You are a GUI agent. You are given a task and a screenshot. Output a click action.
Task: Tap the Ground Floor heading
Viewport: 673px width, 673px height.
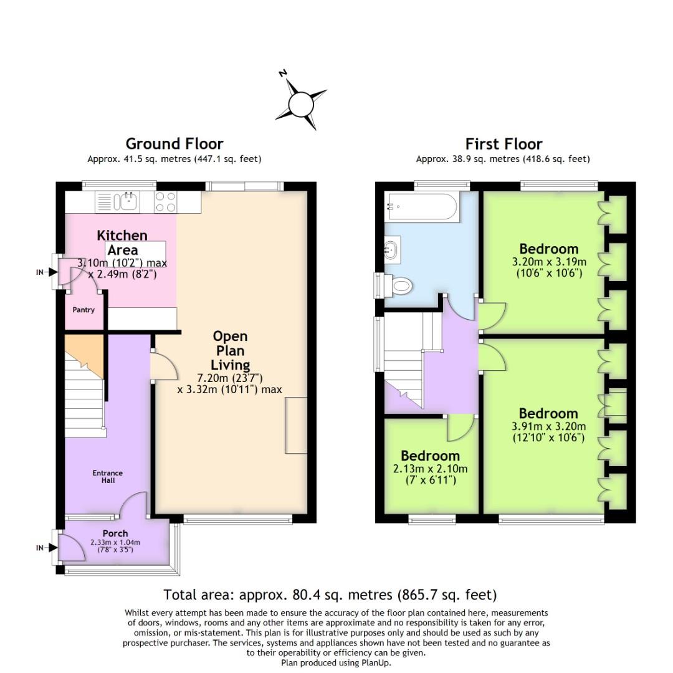(x=174, y=144)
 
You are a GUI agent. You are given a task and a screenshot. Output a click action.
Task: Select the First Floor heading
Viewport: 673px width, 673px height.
(x=503, y=144)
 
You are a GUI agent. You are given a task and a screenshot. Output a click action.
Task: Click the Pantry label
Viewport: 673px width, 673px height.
(x=84, y=310)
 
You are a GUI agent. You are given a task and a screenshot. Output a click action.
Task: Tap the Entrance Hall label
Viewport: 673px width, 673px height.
(x=108, y=477)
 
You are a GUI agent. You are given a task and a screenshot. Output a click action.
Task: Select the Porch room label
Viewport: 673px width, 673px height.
(x=115, y=533)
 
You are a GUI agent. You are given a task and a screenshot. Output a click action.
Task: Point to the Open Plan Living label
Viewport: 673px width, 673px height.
(x=230, y=351)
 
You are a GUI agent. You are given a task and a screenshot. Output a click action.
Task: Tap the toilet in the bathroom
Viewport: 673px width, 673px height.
(x=399, y=285)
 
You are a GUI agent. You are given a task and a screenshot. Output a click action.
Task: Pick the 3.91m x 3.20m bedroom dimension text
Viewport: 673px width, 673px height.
(x=548, y=431)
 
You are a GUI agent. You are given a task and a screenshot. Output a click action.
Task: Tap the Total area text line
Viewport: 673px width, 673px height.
(x=330, y=594)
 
